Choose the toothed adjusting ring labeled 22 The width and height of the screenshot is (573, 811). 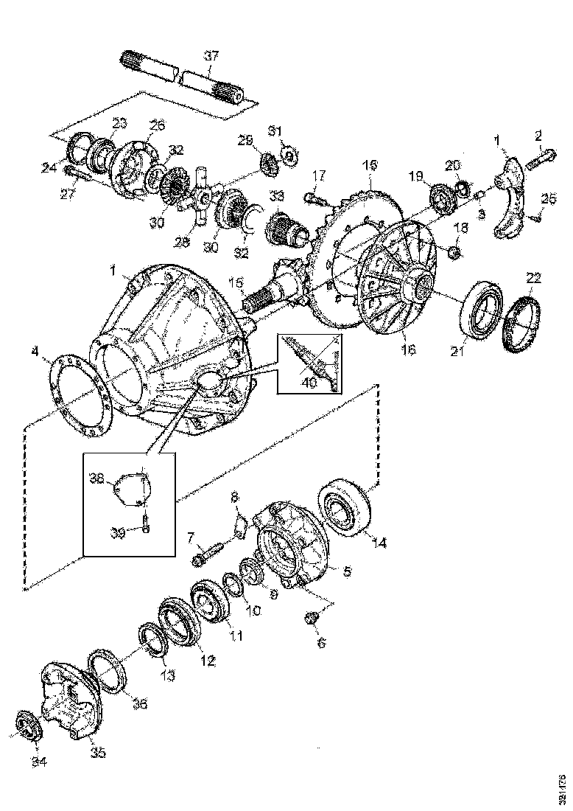click(x=521, y=321)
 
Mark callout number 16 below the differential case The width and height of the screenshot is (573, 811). click(x=408, y=351)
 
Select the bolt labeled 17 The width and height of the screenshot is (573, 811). click(x=313, y=197)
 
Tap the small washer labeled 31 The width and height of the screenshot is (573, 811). click(x=290, y=156)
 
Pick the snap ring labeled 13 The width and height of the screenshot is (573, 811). click(x=150, y=635)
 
